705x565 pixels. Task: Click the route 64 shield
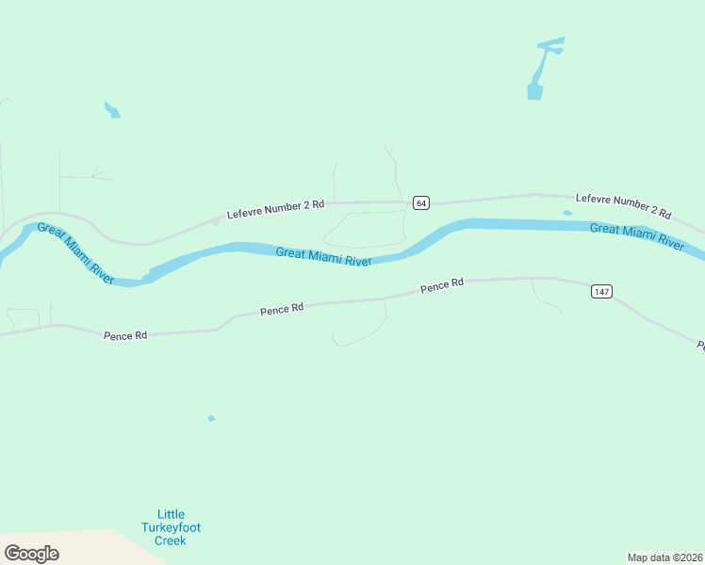point(420,202)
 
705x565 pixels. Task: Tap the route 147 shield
point(601,291)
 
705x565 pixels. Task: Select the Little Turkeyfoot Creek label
point(172,527)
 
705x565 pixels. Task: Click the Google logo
point(31,553)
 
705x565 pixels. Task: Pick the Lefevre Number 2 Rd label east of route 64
point(623,206)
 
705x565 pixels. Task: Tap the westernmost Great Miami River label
point(75,253)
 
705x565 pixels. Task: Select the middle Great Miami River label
point(323,256)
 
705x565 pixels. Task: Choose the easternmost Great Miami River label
point(637,235)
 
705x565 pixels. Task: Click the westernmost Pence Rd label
point(125,334)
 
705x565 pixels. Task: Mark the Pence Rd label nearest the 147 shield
point(442,285)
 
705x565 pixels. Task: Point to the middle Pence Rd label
point(282,308)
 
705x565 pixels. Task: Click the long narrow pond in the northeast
point(540,71)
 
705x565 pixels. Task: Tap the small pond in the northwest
point(112,109)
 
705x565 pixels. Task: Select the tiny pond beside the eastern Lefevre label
point(567,213)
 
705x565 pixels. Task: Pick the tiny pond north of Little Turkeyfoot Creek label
point(211,418)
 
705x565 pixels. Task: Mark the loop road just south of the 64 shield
point(363,229)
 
